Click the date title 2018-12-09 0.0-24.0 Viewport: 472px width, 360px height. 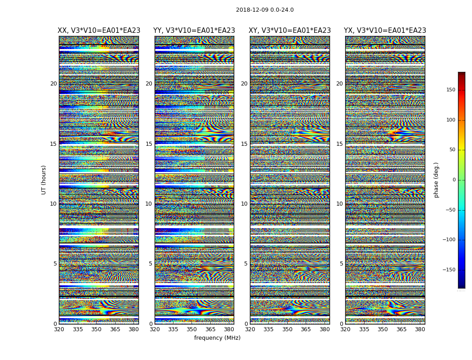coord(265,10)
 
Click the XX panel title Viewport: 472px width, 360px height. coord(99,31)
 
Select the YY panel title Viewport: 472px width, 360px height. coord(194,31)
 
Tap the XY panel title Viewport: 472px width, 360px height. coord(289,31)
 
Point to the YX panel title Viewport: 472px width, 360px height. coord(385,31)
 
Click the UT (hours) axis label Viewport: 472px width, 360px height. coord(44,180)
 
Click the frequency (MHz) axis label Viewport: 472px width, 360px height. coord(217,338)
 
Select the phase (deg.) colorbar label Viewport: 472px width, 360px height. coord(436,180)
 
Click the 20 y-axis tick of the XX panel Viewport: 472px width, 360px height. coord(53,84)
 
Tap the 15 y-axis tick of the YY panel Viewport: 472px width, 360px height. coord(149,144)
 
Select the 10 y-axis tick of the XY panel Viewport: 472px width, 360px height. coord(244,204)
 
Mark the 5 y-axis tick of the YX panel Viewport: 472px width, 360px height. coord(341,264)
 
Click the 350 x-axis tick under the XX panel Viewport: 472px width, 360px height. coord(96,329)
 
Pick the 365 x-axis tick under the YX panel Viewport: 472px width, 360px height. coord(401,329)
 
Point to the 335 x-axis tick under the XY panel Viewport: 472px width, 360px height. coord(268,329)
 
